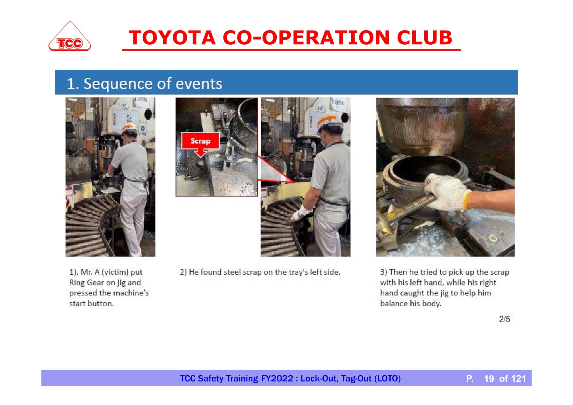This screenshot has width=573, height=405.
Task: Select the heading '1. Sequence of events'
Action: pos(144,83)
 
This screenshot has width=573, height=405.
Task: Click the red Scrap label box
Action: pos(200,141)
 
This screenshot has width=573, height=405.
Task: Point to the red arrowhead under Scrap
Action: pos(201,153)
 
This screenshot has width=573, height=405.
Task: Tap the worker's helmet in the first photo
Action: pos(130,128)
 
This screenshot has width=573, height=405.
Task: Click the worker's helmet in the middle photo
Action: pos(330,122)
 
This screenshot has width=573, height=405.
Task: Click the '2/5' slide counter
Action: pos(504,319)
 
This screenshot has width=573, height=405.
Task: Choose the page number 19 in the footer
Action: pos(489,379)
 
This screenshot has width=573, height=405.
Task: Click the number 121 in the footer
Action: pos(519,379)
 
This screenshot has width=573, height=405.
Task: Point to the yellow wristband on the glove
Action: pos(467,199)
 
